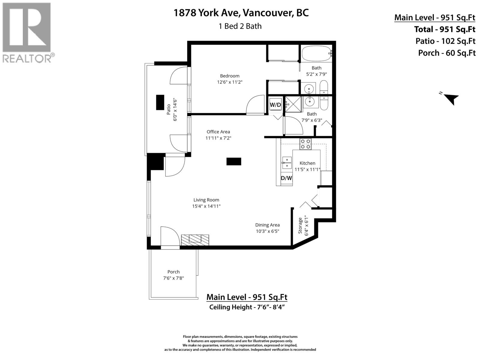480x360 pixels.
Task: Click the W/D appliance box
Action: coord(275,105)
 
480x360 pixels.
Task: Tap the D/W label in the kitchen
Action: coord(286,178)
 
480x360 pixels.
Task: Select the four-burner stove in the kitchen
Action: coord(305,144)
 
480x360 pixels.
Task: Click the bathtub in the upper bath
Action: coord(316,54)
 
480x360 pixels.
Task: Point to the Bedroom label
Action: coord(229,76)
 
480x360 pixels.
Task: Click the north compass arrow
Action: coord(451,98)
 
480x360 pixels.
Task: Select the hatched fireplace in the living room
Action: coord(195,239)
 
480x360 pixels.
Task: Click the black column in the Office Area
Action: coord(234,161)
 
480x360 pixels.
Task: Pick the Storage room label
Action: coord(300,225)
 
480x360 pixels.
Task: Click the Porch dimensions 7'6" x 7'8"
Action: coord(173,278)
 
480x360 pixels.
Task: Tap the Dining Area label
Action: coord(267,225)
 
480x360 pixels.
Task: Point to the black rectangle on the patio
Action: coord(160,103)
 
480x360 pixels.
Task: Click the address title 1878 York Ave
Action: coord(241,13)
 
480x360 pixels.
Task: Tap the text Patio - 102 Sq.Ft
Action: coord(445,41)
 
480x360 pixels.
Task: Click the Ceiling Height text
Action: coord(246,307)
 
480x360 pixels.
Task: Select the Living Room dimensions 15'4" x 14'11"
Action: coord(206,206)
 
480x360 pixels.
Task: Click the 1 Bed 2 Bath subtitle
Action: coord(240,26)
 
